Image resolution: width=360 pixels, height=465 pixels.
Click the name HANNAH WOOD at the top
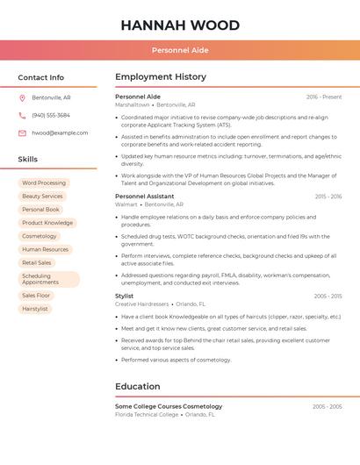click(x=180, y=25)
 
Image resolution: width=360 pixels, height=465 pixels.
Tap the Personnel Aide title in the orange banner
click(x=180, y=50)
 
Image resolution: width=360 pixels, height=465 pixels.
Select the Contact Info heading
click(x=40, y=77)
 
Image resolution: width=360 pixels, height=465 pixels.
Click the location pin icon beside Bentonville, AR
click(x=22, y=97)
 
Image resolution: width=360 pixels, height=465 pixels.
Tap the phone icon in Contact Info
click(x=22, y=115)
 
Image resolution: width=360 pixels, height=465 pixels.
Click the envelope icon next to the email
click(x=22, y=132)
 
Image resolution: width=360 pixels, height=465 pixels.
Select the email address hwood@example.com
click(x=60, y=132)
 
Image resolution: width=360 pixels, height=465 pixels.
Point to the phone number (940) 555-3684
click(x=51, y=115)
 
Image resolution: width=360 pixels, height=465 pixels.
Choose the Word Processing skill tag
click(x=44, y=182)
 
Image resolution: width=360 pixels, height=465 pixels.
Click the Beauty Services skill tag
click(x=42, y=196)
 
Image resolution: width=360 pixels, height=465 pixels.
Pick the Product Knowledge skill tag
click(x=47, y=223)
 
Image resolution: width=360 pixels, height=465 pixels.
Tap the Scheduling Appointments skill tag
click(x=49, y=279)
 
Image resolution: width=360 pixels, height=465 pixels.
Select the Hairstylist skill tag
click(x=35, y=309)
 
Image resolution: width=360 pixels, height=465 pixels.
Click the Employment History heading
click(x=161, y=77)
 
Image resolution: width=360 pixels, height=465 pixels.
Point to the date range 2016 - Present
click(x=324, y=97)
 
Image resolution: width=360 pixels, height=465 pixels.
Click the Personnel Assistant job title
click(x=145, y=197)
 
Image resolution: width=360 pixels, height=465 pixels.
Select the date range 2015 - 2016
click(x=328, y=197)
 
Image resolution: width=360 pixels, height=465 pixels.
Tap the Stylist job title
click(x=125, y=297)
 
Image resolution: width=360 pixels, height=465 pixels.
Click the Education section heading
click(x=138, y=386)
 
